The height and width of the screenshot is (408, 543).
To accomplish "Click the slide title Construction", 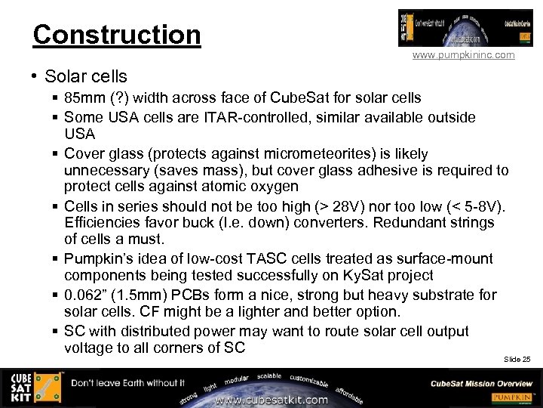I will click(117, 35).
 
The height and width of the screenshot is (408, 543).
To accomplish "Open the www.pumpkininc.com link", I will click(463, 55).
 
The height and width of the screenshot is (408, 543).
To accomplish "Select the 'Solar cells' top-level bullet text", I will click(86, 76).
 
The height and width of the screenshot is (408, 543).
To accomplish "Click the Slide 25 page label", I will click(517, 359).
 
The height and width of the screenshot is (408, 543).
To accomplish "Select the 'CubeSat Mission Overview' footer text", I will click(481, 383).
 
